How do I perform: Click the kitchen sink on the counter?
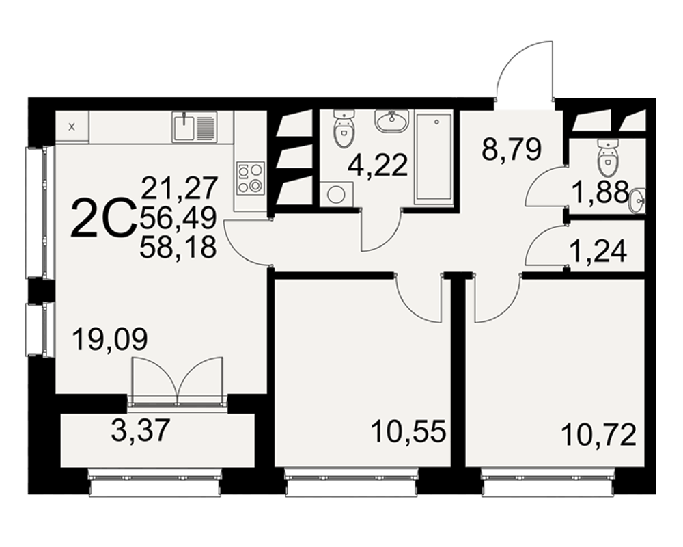(x=194, y=126)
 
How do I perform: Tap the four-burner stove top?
(x=251, y=178)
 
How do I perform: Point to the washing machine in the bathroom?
(x=336, y=194)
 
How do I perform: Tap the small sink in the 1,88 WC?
(x=637, y=201)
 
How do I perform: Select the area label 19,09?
(x=110, y=339)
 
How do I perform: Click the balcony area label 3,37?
(x=140, y=430)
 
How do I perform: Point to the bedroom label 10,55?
(x=408, y=431)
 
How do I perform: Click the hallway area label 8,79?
(x=512, y=149)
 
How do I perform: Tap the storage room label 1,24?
(x=598, y=251)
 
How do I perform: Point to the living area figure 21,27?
(x=179, y=188)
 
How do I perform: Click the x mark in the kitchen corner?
(x=72, y=127)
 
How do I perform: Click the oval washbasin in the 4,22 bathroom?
(x=391, y=120)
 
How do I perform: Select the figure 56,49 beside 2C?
(x=178, y=217)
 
